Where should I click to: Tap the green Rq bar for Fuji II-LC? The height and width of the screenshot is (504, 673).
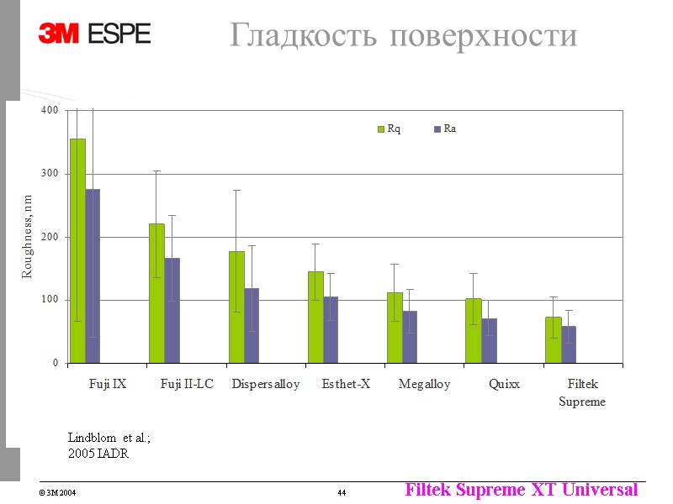click(156, 293)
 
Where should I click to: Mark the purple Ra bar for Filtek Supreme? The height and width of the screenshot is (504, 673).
click(569, 344)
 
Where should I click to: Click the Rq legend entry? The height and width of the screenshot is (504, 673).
click(388, 129)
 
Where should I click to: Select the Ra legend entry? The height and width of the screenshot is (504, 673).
click(444, 129)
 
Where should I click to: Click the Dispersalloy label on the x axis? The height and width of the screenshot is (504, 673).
click(266, 385)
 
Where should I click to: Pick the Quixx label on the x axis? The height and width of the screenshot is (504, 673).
click(504, 385)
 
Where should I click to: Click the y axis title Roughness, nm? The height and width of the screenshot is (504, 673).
click(27, 237)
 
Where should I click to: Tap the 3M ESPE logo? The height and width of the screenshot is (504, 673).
click(94, 33)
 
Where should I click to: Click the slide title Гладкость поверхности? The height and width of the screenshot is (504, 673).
click(403, 35)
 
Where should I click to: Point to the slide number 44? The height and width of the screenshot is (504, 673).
click(342, 491)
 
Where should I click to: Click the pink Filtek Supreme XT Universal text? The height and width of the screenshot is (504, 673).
click(521, 489)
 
